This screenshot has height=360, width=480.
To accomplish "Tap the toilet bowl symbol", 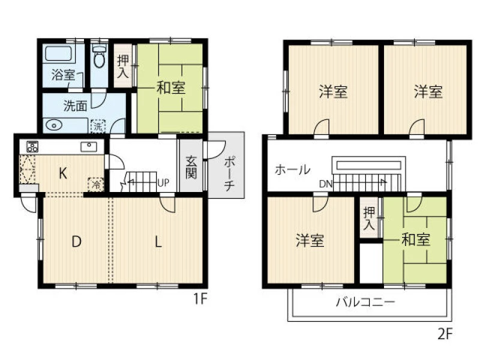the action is pyautogui.click(x=99, y=56).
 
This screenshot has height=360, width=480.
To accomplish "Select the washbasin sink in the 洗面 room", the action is pyautogui.click(x=54, y=125).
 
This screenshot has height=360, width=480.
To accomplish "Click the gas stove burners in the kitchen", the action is pyautogui.click(x=32, y=146).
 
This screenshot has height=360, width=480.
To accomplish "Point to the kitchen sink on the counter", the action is pyautogui.click(x=88, y=146).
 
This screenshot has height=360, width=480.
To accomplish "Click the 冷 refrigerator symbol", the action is pyautogui.click(x=96, y=185).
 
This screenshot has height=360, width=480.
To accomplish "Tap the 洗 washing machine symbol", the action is pyautogui.click(x=98, y=126).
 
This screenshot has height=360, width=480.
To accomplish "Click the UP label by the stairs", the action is pyautogui.click(x=163, y=183).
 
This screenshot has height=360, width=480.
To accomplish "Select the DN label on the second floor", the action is pyautogui.click(x=325, y=184).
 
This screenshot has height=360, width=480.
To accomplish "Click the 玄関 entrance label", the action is pyautogui.click(x=191, y=167).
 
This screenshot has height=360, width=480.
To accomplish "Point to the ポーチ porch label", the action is pyautogui.click(x=229, y=173).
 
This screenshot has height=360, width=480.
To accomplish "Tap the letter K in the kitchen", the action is pyautogui.click(x=63, y=173).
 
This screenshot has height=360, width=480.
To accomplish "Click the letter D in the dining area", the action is pyautogui.click(x=76, y=242).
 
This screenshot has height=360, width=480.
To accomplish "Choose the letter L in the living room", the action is pyautogui.click(x=158, y=242).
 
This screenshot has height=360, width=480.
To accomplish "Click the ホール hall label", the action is pyautogui.click(x=292, y=169).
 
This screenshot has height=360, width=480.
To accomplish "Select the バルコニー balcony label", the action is pyautogui.click(x=365, y=302).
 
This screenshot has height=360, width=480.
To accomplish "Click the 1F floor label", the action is pyautogui.click(x=200, y=298).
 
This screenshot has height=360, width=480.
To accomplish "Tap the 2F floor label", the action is pyautogui.click(x=445, y=334).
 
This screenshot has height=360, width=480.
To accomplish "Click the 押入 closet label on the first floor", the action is pyautogui.click(x=123, y=67).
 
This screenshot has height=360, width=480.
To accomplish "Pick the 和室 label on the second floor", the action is pyautogui.click(x=415, y=239).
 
